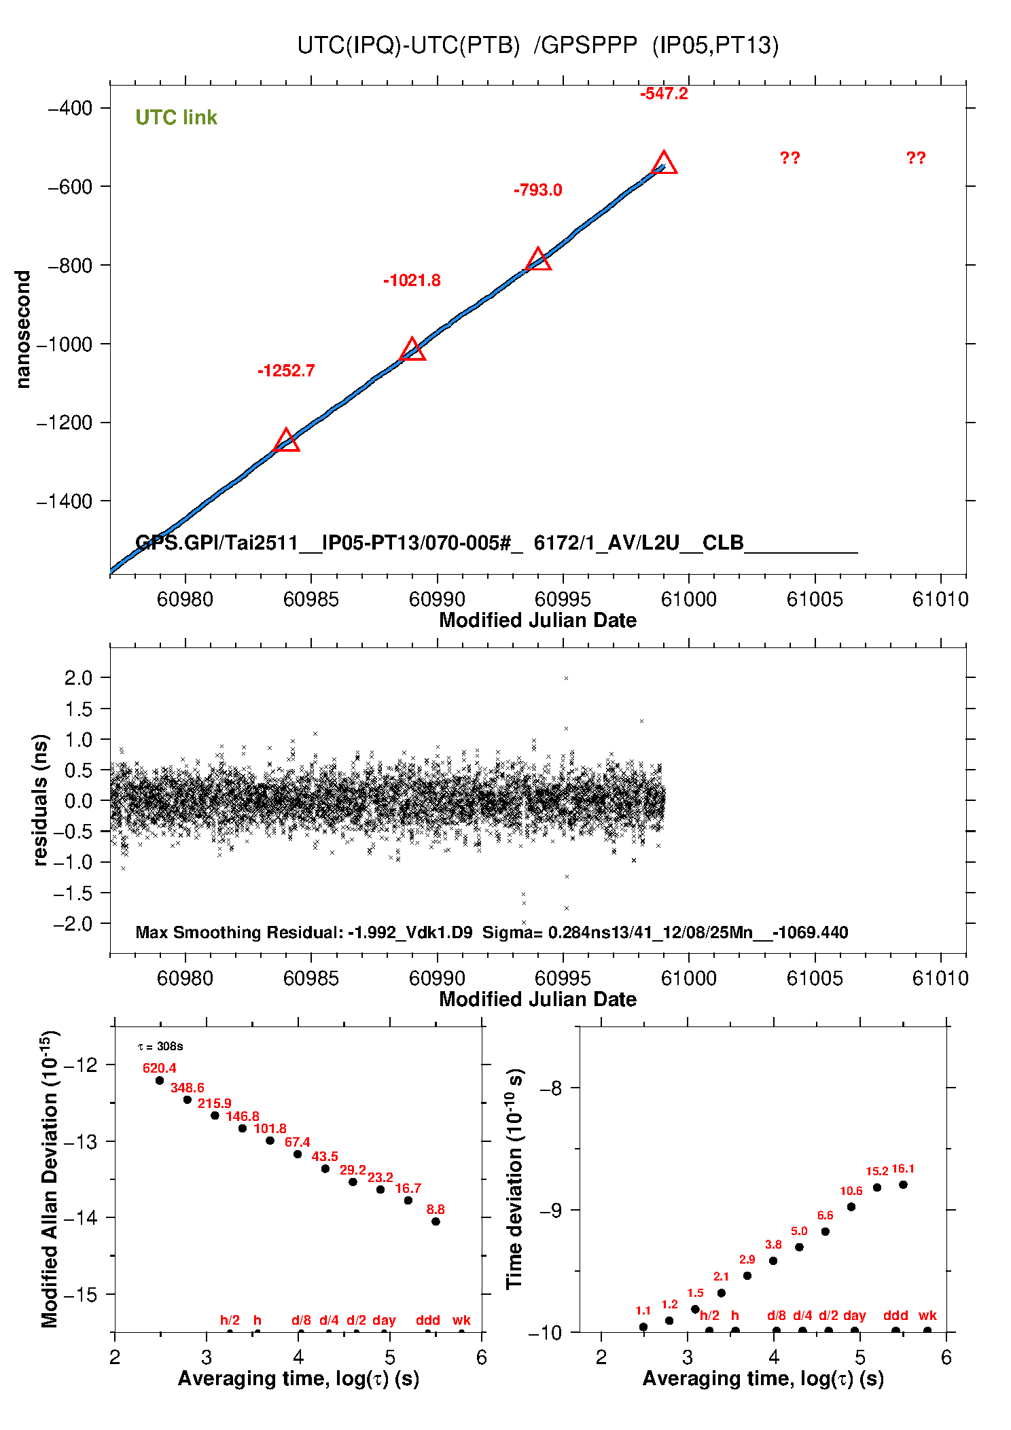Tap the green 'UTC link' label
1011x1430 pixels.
[176, 118]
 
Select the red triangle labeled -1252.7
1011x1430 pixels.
[286, 441]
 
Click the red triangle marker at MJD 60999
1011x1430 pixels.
[664, 164]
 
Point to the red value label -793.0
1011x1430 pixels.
[537, 190]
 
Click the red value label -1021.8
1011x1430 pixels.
[412, 281]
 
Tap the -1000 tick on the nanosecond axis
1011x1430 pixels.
[65, 344]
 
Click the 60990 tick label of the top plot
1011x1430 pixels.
[437, 599]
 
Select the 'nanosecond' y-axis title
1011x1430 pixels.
[23, 329]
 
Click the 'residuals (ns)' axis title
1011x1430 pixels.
[41, 800]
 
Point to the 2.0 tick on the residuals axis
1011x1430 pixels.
[78, 677]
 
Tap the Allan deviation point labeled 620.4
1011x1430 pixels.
[160, 1080]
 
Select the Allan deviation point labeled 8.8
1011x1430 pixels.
[436, 1221]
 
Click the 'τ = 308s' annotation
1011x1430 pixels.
[160, 1047]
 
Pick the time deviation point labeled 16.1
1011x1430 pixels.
[903, 1185]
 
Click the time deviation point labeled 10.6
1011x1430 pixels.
[851, 1206]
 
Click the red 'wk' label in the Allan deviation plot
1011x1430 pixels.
[461, 1320]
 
